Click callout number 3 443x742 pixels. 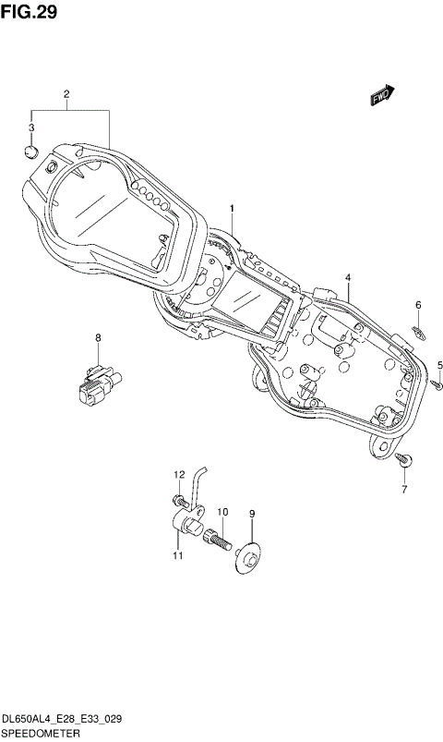coord(31,128)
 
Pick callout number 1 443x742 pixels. coord(233,209)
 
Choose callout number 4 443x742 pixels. coord(348,277)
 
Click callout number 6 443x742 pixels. coord(417,305)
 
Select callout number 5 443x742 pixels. coord(440,364)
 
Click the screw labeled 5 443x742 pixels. coord(437,383)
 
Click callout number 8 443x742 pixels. coord(98,338)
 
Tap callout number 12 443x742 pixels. coord(180,474)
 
